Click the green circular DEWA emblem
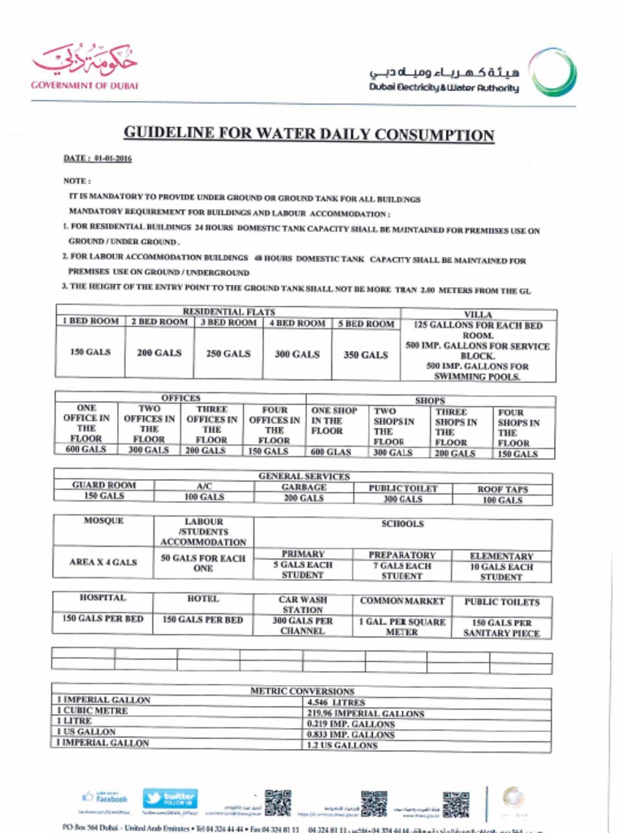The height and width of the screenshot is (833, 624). tap(552, 72)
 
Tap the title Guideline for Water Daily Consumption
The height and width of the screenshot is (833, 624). tap(308, 135)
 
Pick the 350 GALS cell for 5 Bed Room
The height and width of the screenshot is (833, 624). tap(366, 355)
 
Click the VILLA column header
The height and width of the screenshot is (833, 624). tap(478, 314)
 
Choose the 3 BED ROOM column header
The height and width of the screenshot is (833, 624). tap(228, 323)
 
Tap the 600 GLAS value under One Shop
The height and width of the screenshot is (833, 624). tap(331, 452)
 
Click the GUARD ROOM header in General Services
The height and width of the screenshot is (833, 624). tap(104, 485)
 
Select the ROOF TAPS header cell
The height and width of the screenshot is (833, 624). tap(501, 490)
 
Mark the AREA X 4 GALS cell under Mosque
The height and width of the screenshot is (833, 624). tap(103, 562)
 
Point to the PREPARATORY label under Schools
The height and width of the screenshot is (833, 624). tap(401, 555)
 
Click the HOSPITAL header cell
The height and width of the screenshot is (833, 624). tap(102, 598)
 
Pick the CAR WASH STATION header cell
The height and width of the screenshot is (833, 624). tap(302, 604)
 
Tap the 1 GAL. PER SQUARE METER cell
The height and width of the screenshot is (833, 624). tap(401, 626)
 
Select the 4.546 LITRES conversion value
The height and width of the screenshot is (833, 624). tap(336, 702)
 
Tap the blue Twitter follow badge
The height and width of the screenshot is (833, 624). tap(170, 798)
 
